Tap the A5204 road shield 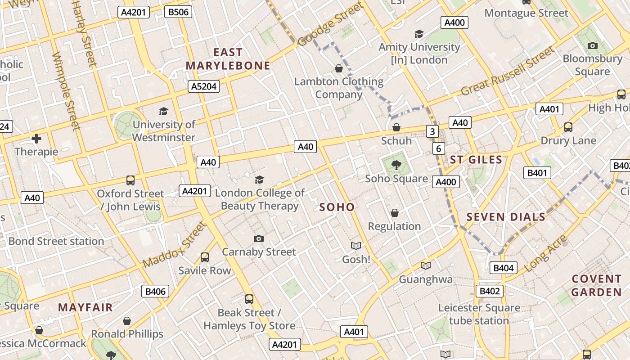point(204,86)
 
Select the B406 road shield point(156,291)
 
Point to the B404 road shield point(503,268)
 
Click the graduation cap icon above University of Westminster point(163,111)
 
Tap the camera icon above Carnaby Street point(258,238)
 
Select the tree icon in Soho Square point(396,165)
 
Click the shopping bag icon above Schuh point(396,127)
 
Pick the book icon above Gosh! point(356,246)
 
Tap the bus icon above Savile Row point(205,257)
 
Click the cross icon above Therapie point(36,138)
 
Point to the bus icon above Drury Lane point(568,127)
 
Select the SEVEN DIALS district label point(506,217)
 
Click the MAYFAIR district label point(85,308)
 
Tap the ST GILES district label point(476,160)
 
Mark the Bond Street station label point(56,241)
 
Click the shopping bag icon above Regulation point(395,212)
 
